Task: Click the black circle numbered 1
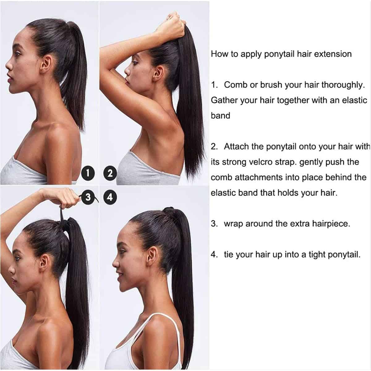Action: tap(88, 173)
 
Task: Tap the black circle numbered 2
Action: tap(110, 173)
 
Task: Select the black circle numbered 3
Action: tap(88, 197)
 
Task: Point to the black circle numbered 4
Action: tap(110, 198)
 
